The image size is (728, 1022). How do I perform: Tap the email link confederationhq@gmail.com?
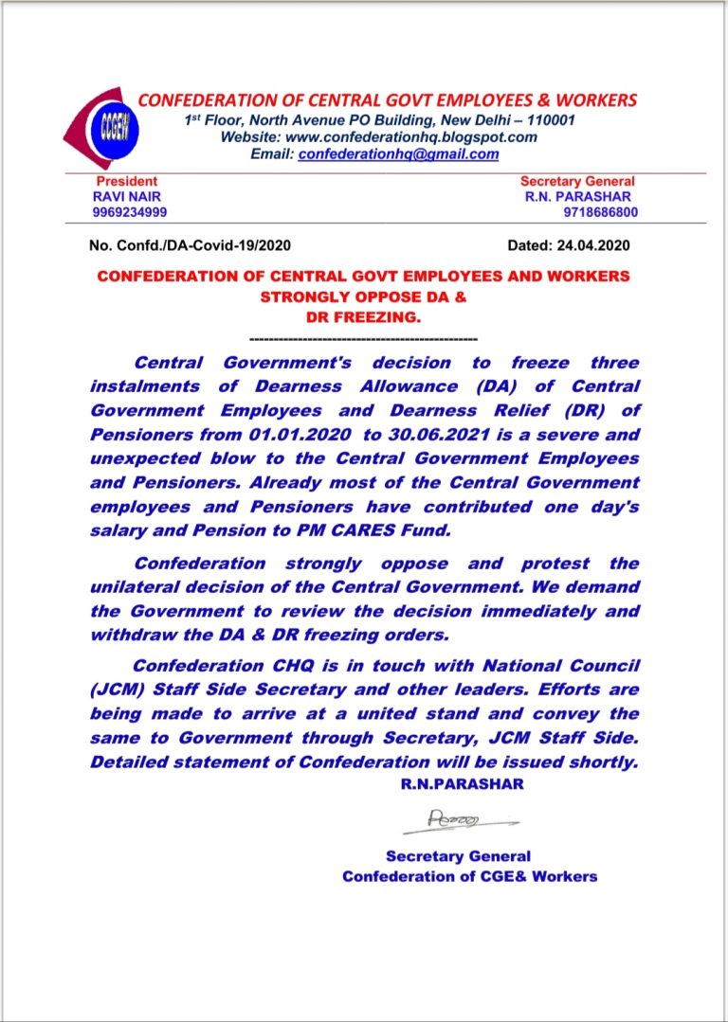point(398,153)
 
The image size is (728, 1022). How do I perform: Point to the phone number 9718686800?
point(600,212)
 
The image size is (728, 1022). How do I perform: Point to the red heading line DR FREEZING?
point(363,317)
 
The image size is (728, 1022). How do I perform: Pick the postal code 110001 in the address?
point(540,120)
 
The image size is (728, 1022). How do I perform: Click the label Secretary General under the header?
point(577,181)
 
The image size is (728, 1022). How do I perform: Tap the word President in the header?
point(127,181)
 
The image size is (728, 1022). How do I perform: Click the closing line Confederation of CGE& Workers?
point(469,876)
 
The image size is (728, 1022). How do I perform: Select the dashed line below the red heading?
point(362,338)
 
